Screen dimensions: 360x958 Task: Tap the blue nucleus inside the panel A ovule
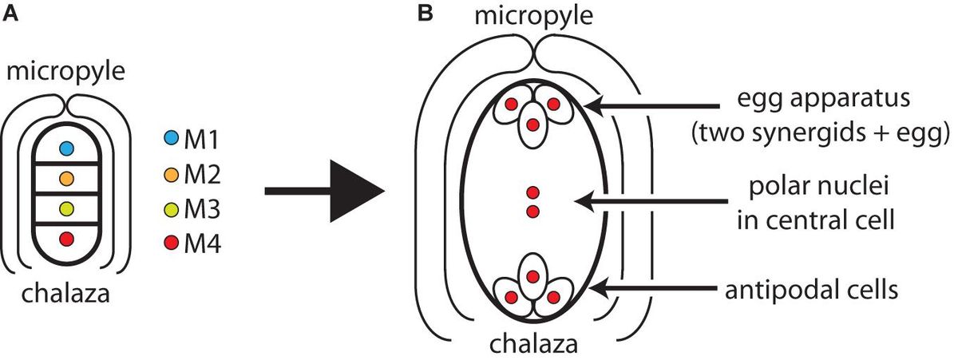67,148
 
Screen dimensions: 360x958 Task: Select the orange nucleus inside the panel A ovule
67,177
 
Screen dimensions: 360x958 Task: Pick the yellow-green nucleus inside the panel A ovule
67,208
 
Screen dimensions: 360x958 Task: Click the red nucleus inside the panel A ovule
67,238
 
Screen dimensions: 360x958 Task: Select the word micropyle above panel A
65,73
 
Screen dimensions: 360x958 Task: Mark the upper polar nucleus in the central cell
532,192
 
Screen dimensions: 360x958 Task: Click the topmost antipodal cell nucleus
532,276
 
